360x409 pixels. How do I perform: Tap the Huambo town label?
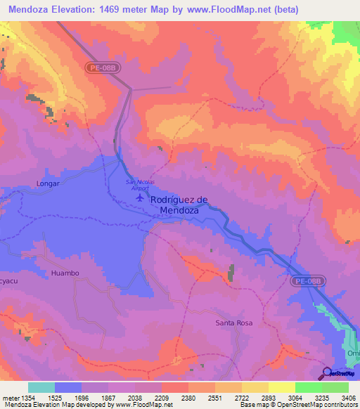pos(65,272)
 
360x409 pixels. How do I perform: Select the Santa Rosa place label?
pos(233,323)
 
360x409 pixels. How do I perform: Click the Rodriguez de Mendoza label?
pos(179,204)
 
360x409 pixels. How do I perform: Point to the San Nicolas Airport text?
pos(140,186)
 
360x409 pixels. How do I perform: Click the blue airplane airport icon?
pos(141,199)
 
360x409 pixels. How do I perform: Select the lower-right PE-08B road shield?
pos(307,280)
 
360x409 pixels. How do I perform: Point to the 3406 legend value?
pos(347,397)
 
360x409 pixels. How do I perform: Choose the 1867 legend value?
pos(108,397)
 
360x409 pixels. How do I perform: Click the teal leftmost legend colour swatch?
pos(41,387)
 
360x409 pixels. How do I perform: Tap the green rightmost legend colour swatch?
pos(335,387)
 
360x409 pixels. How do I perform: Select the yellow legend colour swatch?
pos(282,387)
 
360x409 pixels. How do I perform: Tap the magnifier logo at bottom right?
pos(327,373)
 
